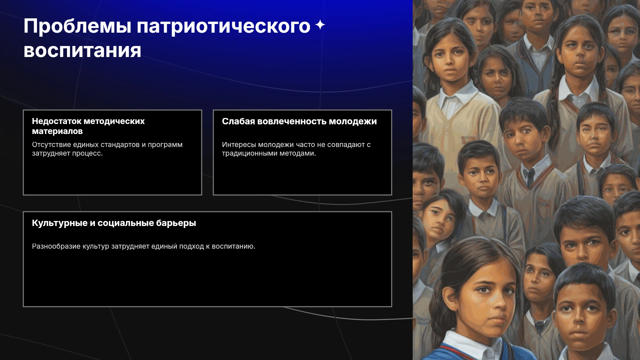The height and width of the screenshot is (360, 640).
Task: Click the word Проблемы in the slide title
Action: (x=78, y=26)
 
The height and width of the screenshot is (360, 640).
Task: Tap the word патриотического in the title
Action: (x=224, y=27)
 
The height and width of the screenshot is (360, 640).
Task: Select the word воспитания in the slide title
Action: (x=82, y=51)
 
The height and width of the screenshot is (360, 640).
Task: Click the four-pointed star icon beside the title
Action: (x=320, y=25)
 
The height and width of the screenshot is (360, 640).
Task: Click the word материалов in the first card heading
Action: (x=57, y=131)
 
